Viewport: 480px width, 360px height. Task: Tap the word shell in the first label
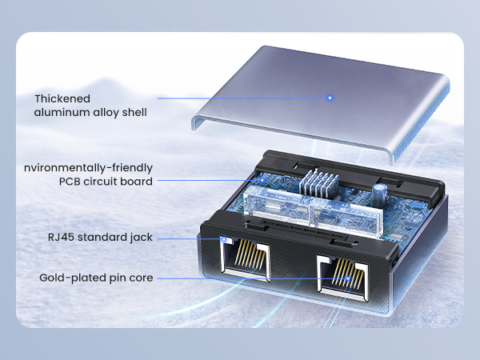pyautogui.click(x=131, y=113)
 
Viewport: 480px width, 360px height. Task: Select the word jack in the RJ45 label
pyautogui.click(x=140, y=237)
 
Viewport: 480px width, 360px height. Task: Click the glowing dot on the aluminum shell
pyautogui.click(x=329, y=98)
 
